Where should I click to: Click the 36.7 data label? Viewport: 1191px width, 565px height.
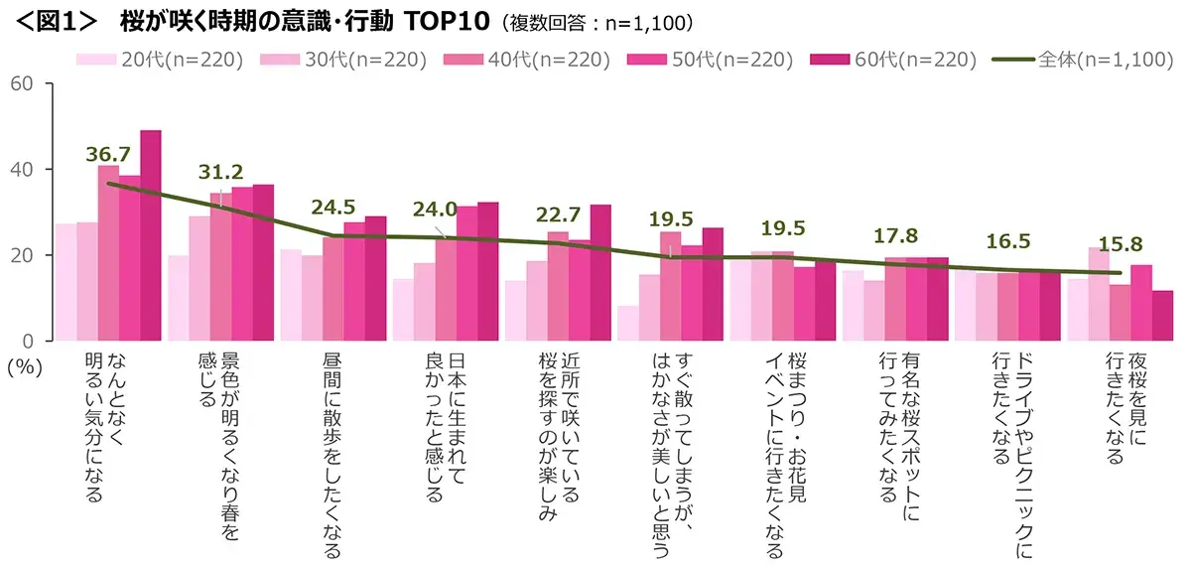(109, 154)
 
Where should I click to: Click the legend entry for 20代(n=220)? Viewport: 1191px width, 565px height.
(161, 60)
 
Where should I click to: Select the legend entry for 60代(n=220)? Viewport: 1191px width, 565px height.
(892, 60)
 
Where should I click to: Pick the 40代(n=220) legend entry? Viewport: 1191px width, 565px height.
(527, 60)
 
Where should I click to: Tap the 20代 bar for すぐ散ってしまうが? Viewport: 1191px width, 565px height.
(627, 323)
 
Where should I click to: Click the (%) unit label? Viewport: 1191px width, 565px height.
(22, 365)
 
